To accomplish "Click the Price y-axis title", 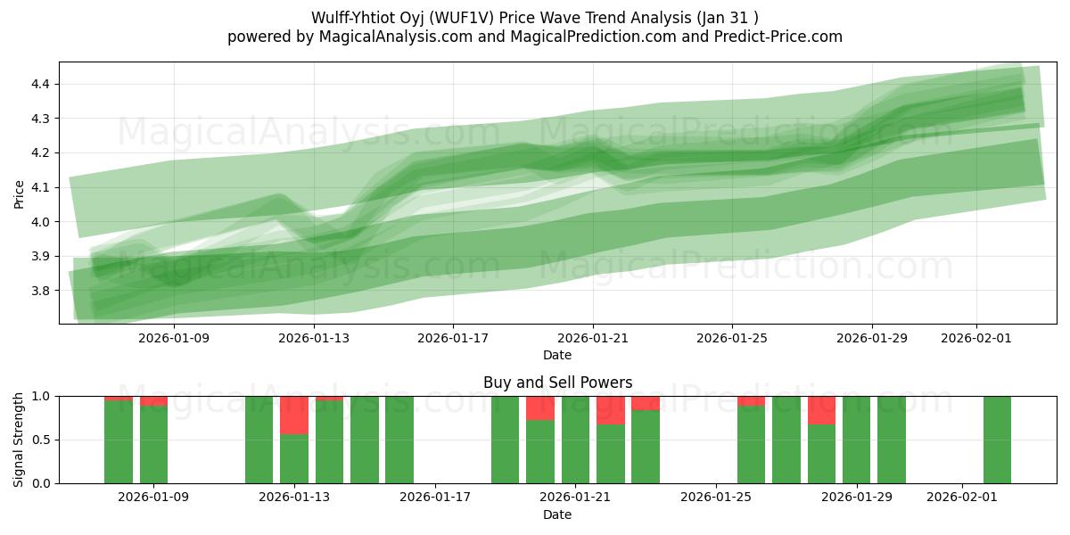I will [20, 193].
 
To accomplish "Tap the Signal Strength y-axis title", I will [20, 440].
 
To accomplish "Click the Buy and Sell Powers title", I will [557, 383].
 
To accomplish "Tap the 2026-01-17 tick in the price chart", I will [453, 338].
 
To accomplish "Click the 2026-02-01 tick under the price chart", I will [975, 338].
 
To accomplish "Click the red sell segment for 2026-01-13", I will [294, 415].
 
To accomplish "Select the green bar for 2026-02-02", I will [997, 440].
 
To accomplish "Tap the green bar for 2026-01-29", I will [856, 440].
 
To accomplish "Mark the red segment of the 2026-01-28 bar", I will [821, 410].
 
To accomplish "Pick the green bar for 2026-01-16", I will [399, 440].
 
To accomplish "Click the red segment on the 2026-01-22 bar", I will [611, 410].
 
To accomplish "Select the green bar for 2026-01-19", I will [505, 440].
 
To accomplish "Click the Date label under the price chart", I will [557, 355].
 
